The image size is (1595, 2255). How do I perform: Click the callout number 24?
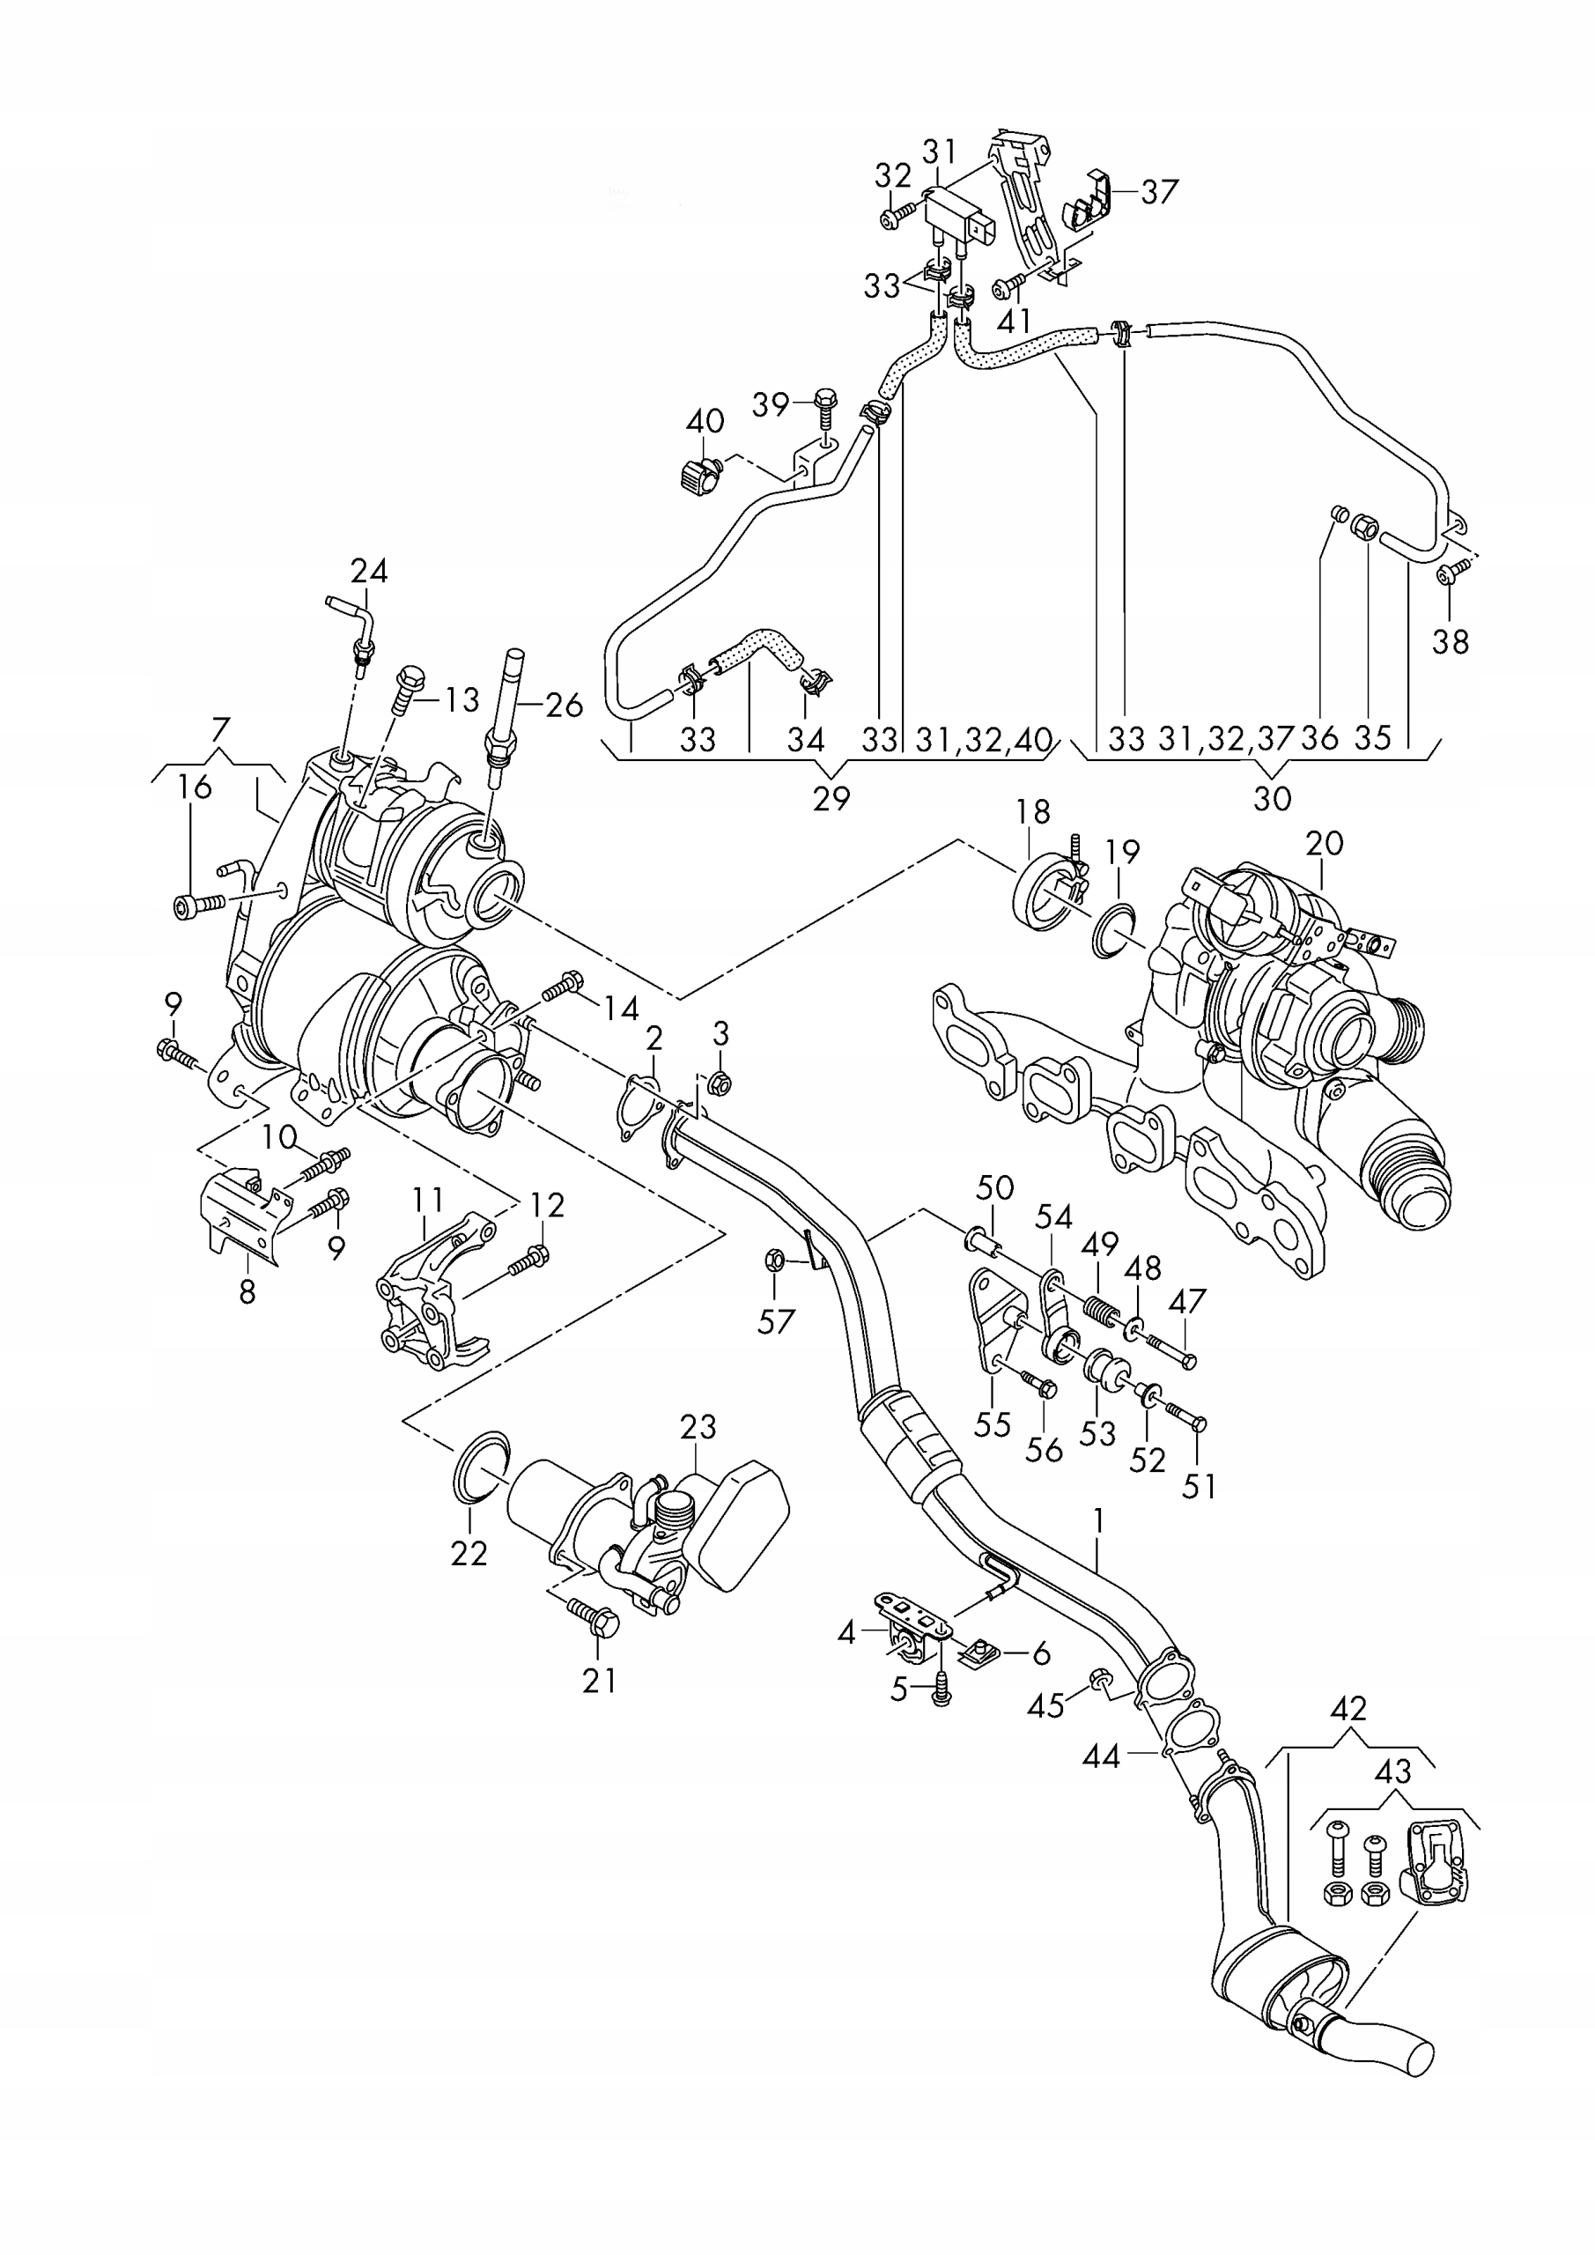click(x=369, y=571)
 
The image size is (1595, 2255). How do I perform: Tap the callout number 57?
click(x=776, y=1322)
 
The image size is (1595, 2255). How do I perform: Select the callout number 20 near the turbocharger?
click(x=1325, y=843)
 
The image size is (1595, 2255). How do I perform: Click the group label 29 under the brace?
click(x=831, y=798)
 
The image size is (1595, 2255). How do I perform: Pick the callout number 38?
click(x=1451, y=641)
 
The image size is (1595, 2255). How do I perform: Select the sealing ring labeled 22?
click(x=484, y=1466)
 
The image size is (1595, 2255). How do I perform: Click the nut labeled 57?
click(x=773, y=1259)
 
